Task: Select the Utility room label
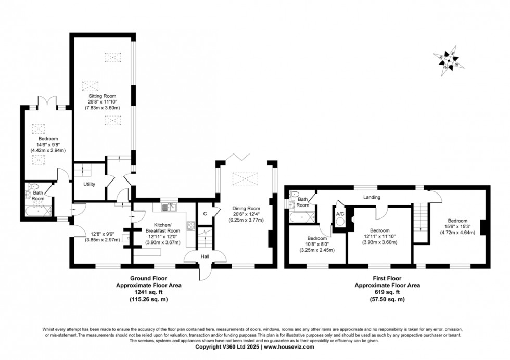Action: click(x=89, y=184)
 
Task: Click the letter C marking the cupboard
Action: click(x=205, y=213)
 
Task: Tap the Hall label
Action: click(x=206, y=256)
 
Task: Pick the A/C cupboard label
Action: click(x=340, y=213)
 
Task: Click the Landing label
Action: click(x=372, y=197)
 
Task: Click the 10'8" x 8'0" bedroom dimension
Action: click(x=317, y=245)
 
